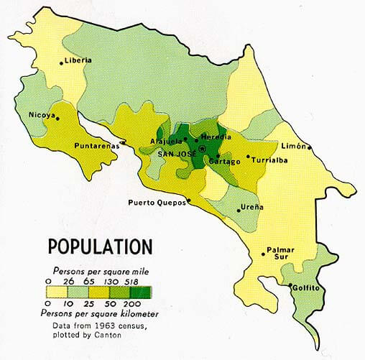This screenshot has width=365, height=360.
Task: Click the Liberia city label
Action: coord(78,60)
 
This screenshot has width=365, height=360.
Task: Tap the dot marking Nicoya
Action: coord(57,120)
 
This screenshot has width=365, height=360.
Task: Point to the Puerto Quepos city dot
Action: coord(188,201)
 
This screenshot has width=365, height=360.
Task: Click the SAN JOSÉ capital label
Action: coord(177,152)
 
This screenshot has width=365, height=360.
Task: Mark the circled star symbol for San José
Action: coord(203,149)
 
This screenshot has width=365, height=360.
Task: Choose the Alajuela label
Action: coord(166,141)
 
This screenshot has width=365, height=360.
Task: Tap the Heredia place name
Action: coord(216,137)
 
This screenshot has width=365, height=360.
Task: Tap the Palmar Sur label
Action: coord(282,253)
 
